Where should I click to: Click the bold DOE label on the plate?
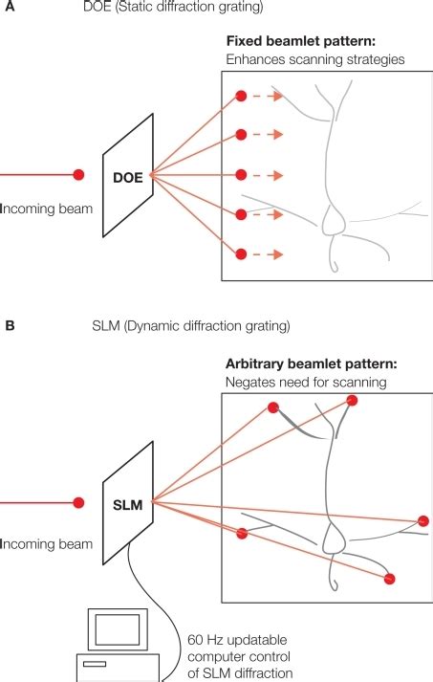pos(128,178)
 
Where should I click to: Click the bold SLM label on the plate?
pos(128,505)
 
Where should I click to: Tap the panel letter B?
pos(10,325)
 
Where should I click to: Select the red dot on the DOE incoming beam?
pos(78,175)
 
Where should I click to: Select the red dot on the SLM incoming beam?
pos(78,503)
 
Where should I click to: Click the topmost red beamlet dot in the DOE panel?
pos(241,96)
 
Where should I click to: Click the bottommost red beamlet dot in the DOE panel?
pos(241,254)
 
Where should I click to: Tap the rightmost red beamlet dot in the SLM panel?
pos(423,520)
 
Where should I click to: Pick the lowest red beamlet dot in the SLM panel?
pos(390,579)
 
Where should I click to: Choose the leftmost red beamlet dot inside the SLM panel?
pos(242,533)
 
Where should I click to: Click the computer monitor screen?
pos(118,629)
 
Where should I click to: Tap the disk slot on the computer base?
pos(95,664)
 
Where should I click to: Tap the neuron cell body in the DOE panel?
pos(334,221)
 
